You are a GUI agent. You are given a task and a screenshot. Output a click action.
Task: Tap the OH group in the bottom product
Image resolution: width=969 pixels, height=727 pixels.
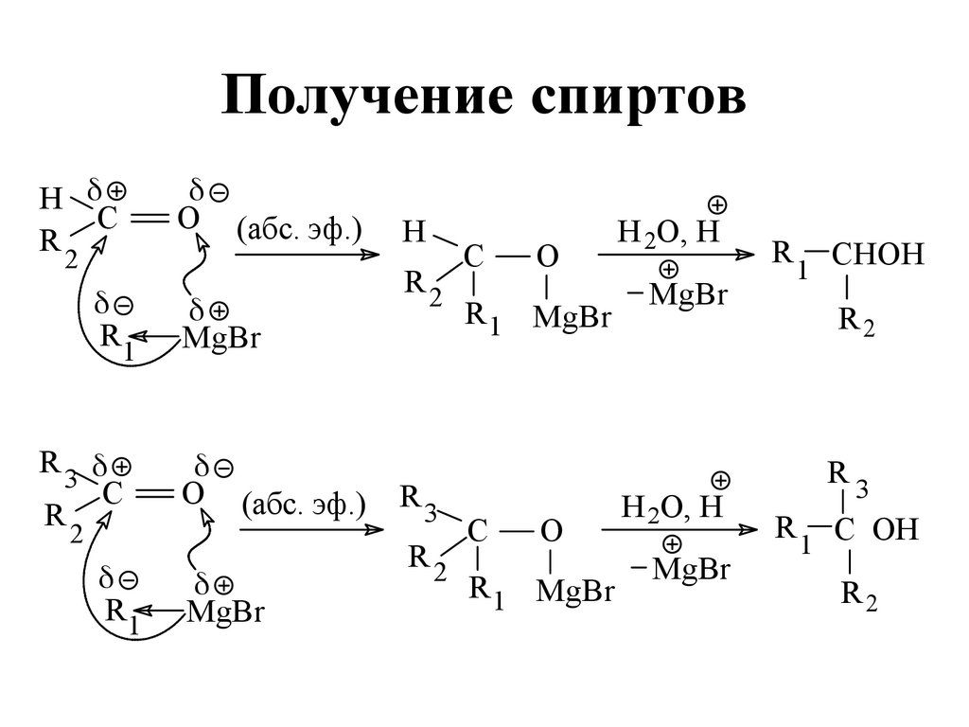894,529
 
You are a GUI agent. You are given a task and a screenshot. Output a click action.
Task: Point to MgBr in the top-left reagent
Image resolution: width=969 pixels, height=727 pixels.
220,338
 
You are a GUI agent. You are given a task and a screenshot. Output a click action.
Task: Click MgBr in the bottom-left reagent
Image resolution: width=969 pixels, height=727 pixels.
225,612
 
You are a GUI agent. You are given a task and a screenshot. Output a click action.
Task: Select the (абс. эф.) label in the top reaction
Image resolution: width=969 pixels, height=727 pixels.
300,230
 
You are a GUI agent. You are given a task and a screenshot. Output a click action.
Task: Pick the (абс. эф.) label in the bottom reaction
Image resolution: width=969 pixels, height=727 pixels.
304,505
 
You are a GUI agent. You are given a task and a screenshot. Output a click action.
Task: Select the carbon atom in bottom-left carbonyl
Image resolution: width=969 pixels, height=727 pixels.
113,494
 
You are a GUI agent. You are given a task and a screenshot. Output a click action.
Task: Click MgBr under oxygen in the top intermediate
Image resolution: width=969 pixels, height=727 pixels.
573,317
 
